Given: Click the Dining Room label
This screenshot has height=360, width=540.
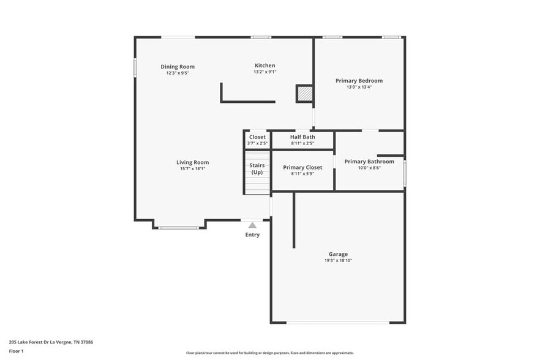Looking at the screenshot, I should (x=178, y=67).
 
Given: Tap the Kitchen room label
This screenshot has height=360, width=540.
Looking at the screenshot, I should (x=264, y=66).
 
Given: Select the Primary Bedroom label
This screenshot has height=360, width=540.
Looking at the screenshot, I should (x=359, y=81).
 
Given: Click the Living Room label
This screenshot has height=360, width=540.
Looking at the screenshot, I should (x=192, y=162).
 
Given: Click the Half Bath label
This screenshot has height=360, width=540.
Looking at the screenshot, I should (x=302, y=137).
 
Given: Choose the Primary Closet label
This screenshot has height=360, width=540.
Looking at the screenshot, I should (x=302, y=167).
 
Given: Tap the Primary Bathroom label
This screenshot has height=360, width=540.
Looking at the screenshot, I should (x=369, y=162).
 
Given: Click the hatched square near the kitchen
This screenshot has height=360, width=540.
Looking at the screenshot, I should (x=305, y=94).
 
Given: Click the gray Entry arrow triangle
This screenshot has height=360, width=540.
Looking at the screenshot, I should (x=252, y=225).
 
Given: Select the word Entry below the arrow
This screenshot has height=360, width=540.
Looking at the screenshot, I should (x=252, y=235).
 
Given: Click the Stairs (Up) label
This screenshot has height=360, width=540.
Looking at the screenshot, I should (x=257, y=168).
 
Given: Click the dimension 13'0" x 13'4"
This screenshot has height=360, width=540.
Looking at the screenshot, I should (x=359, y=87).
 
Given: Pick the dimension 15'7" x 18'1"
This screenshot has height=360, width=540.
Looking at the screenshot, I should (x=192, y=168).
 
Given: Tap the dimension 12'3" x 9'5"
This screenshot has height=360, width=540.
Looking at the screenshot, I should (x=178, y=73).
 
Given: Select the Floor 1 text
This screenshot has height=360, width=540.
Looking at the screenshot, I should (x=16, y=351).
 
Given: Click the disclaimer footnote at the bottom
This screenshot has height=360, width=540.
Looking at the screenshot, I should (x=269, y=353).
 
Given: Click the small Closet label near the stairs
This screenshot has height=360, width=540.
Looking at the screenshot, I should (x=257, y=137).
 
